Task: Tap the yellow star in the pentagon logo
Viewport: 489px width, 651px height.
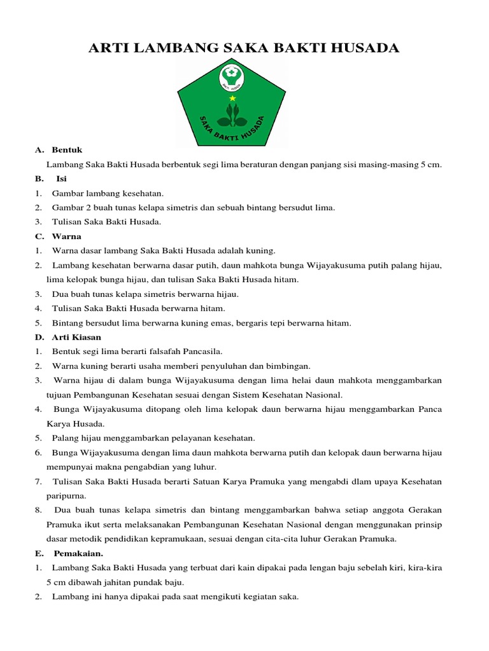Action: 232,99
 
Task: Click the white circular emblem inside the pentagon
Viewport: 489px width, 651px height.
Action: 232,78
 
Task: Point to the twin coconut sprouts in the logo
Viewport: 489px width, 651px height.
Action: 232,116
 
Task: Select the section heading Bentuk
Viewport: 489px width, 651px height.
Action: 67,151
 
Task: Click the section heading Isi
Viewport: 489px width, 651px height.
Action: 61,179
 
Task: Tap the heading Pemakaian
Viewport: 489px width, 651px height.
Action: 78,553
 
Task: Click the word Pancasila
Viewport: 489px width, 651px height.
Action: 202,351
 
